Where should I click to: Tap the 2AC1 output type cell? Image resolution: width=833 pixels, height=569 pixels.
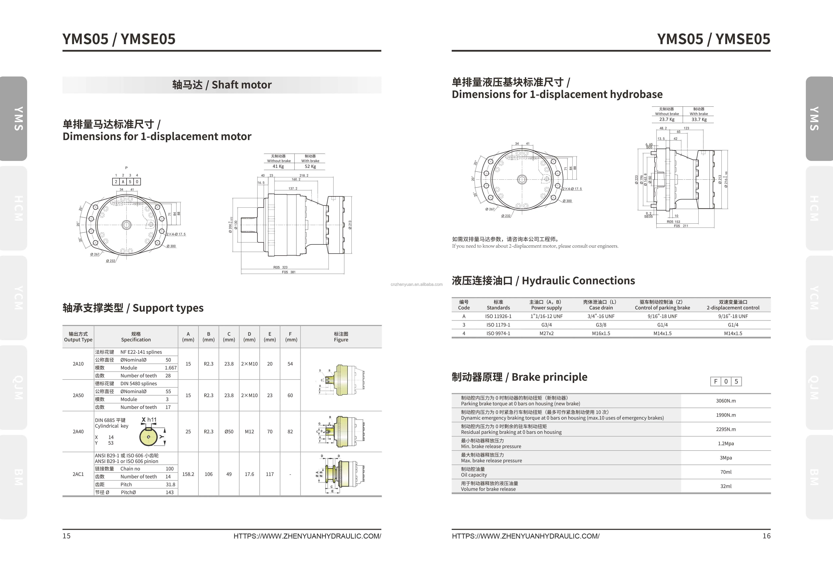pos(78,474)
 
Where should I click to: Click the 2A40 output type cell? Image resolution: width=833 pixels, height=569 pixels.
pos(78,431)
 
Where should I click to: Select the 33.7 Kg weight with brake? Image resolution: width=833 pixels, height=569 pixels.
pos(699,119)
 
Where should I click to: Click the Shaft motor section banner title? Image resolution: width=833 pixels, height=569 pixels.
pos(222,85)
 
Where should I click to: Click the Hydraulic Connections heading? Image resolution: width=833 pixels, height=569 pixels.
pos(543,281)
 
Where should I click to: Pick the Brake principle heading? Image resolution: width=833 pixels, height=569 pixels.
pos(519,377)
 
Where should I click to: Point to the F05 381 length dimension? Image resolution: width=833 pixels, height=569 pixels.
pos(289,272)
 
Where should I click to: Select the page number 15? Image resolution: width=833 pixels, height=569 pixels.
pos(67,536)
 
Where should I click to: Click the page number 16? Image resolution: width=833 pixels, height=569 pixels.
pos(766,536)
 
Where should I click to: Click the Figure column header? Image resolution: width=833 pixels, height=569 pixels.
pos(341,337)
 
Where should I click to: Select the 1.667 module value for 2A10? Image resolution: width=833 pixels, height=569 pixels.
pos(171,368)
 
